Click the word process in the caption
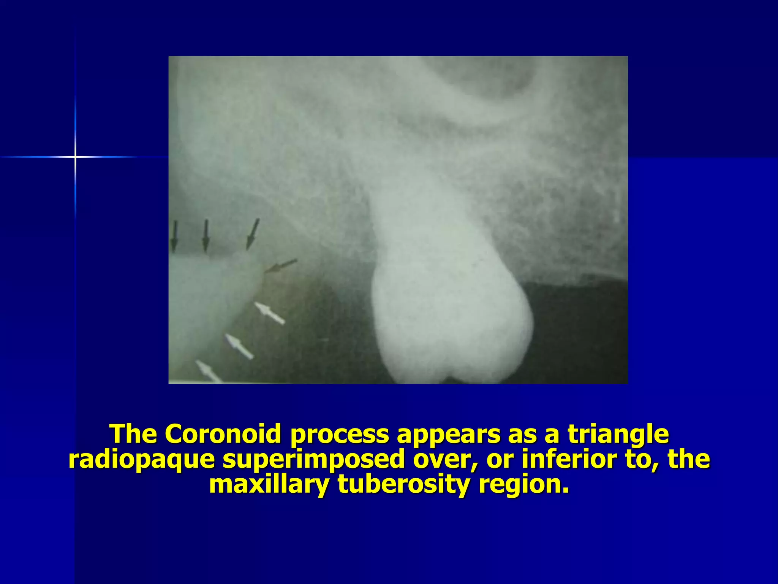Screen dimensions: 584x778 pos(339,434)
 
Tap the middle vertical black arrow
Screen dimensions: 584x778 pos(206,236)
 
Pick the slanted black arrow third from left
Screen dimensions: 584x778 pos(253,234)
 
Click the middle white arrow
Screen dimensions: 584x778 pos(239,346)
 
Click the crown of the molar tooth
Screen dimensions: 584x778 pos(452,323)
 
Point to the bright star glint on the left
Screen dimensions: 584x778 pos(76,157)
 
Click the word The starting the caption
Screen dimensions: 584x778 pos(133,434)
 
